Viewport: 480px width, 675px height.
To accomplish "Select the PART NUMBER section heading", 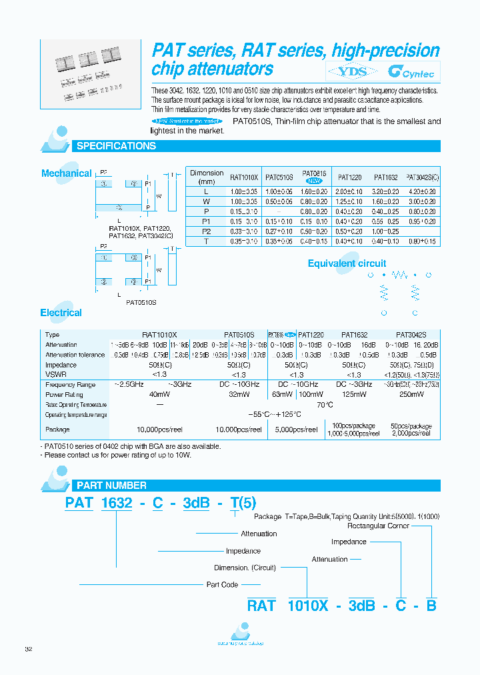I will coord(111,486).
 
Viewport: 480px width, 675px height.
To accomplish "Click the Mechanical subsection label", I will coord(66,173).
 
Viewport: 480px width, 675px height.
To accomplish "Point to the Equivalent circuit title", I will coord(347,263).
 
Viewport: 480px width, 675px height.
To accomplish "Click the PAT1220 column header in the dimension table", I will coord(349,178).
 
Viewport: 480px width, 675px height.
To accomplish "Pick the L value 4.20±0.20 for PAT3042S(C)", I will coord(421,191).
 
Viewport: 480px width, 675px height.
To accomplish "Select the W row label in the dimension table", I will coord(207,201).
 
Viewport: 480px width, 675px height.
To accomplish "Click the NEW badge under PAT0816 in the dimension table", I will coord(313,181).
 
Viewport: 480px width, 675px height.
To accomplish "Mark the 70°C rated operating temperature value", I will coord(325,404).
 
